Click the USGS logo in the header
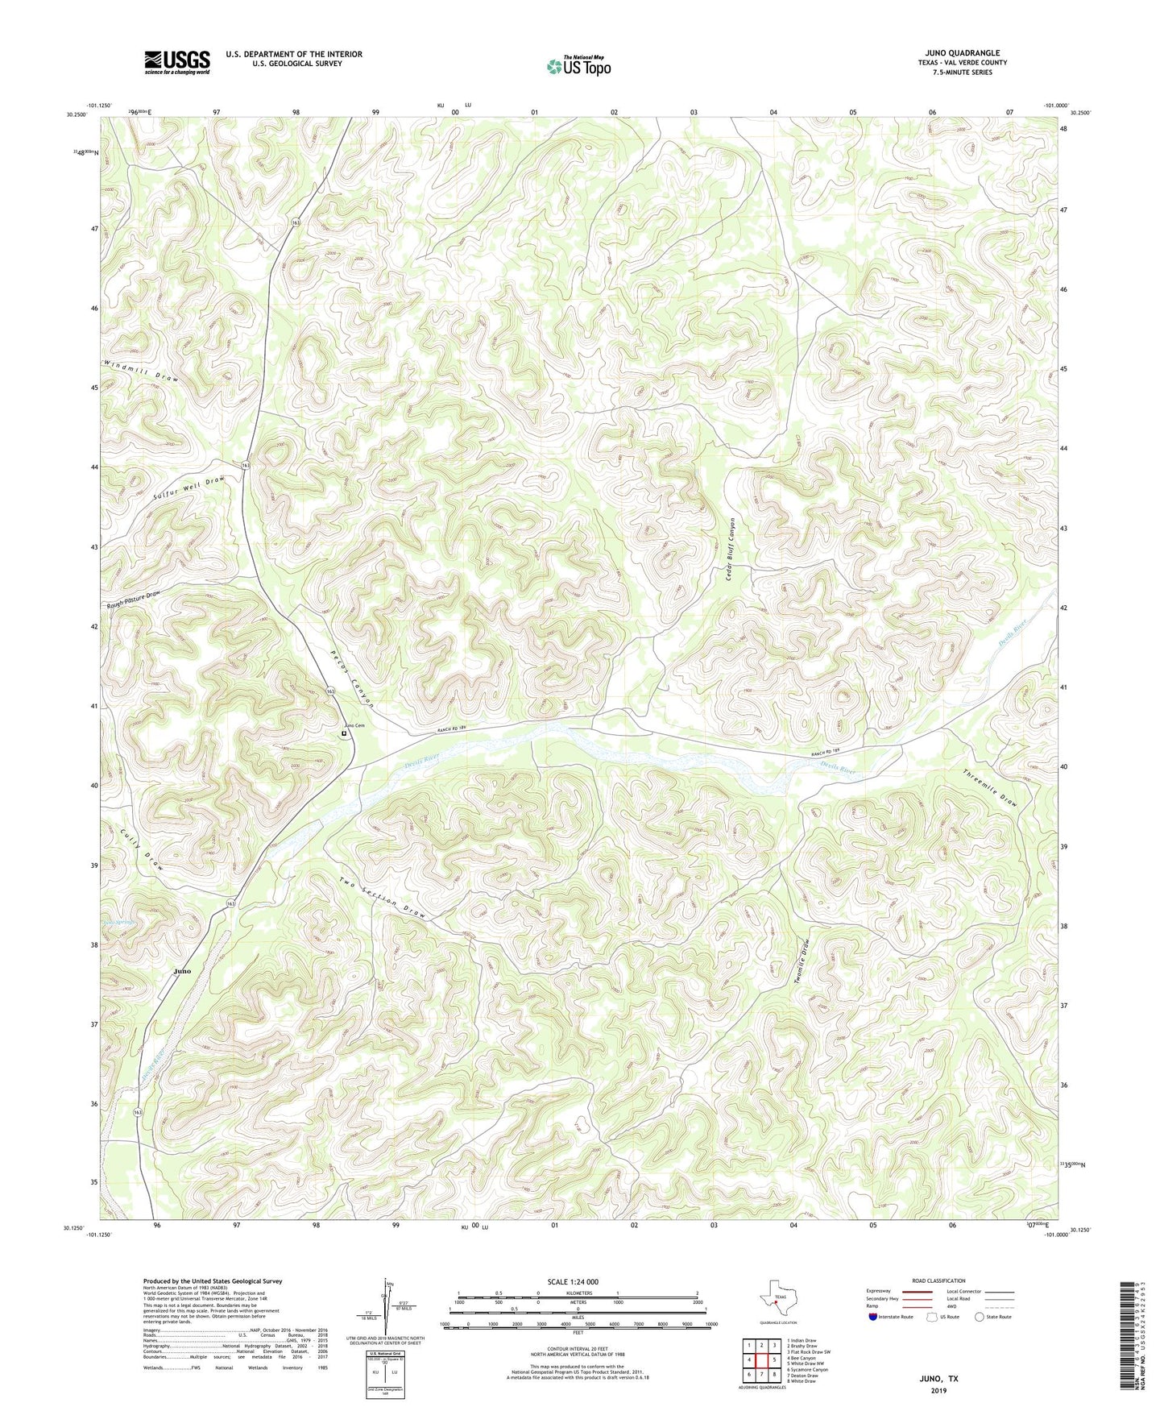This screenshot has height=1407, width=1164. pyautogui.click(x=176, y=62)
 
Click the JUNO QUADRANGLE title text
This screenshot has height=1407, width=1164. pyautogui.click(x=962, y=53)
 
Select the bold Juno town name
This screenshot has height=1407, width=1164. pyautogui.click(x=183, y=971)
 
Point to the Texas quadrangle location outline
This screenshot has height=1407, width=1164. pyautogui.click(x=777, y=1300)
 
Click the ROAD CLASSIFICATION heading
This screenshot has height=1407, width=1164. pyautogui.click(x=938, y=1280)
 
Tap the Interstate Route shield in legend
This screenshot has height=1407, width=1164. pyautogui.click(x=875, y=1317)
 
